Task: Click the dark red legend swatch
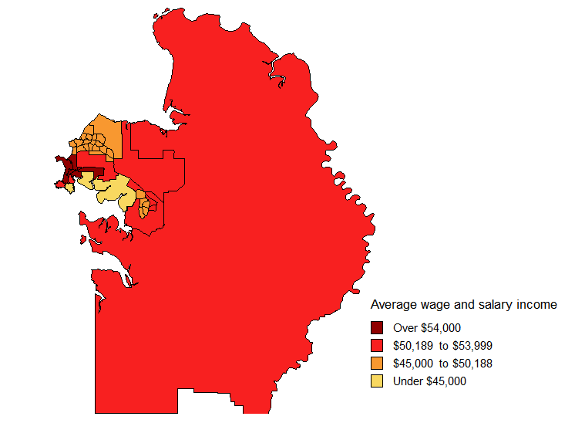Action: tap(377, 327)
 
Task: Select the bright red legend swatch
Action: tap(377, 345)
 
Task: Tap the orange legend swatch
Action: tap(377, 363)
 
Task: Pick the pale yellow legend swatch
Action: tap(377, 381)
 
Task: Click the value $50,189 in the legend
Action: tap(415, 345)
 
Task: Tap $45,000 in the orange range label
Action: tap(415, 364)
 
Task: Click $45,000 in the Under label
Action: tap(445, 381)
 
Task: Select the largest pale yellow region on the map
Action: tap(116, 191)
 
